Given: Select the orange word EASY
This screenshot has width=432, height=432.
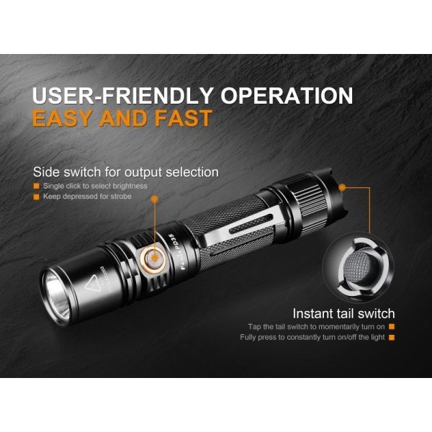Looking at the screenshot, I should point(68,118).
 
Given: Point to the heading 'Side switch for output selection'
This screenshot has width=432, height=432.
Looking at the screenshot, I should point(126,172).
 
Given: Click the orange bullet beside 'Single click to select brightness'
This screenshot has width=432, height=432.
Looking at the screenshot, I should point(37,186).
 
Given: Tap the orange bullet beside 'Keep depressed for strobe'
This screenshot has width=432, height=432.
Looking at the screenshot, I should point(37,196).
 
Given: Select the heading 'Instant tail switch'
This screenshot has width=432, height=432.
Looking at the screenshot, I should point(343,313).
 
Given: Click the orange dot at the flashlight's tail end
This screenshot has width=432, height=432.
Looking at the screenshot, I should point(343,186).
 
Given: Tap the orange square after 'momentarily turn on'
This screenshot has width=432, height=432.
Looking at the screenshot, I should point(392,326).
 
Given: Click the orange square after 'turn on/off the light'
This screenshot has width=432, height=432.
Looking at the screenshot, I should point(392,336).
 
